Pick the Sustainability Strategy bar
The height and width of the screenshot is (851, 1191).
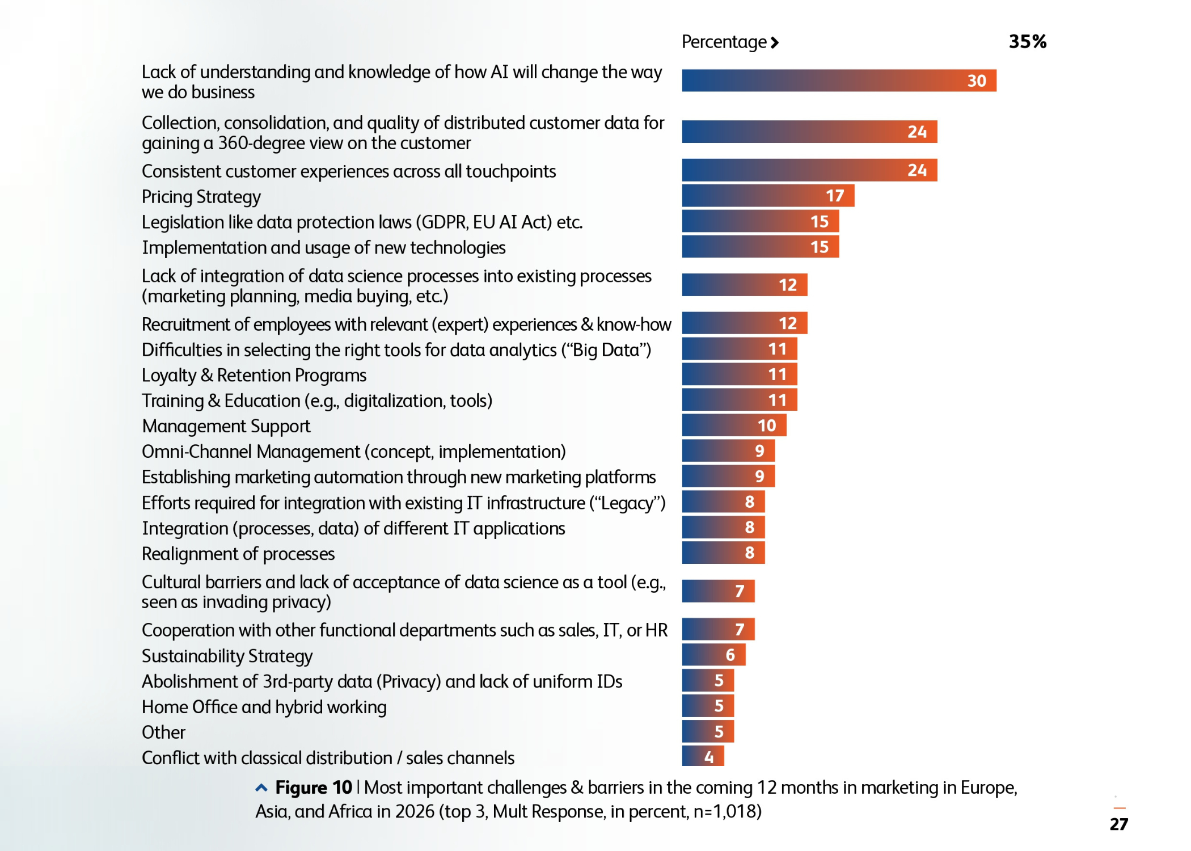point(713,655)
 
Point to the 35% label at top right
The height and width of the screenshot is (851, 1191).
point(1027,41)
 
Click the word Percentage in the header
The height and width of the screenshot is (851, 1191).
point(724,42)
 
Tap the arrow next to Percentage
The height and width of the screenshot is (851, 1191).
point(775,43)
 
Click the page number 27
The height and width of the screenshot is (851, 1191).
point(1118,824)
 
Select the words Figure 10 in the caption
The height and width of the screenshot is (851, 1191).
point(314,787)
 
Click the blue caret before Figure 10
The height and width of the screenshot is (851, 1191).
point(261,787)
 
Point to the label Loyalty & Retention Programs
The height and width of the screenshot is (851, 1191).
point(254,376)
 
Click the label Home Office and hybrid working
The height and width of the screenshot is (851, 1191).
point(264,707)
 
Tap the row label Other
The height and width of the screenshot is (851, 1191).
point(163,732)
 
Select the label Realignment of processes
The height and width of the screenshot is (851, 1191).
point(238,554)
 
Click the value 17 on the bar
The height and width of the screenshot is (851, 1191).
point(835,196)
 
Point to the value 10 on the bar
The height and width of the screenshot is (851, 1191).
point(767,425)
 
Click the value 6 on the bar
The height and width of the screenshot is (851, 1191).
point(730,655)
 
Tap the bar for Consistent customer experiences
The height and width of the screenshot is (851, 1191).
point(809,170)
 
